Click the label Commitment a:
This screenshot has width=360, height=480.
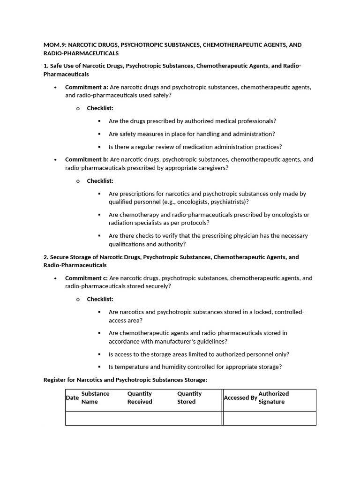pyautogui.click(x=86, y=87)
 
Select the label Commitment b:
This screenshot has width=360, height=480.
pyautogui.click(x=87, y=159)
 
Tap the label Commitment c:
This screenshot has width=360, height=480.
pyautogui.click(x=86, y=278)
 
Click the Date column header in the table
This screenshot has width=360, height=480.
pyautogui.click(x=72, y=398)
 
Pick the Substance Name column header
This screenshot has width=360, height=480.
pyautogui.click(x=95, y=397)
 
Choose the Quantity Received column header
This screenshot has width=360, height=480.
pyautogui.click(x=140, y=397)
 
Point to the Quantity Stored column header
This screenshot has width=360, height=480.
pyautogui.click(x=189, y=397)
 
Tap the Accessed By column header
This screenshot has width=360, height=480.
pyautogui.click(x=240, y=398)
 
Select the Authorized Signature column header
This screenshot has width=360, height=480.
pyautogui.click(x=273, y=397)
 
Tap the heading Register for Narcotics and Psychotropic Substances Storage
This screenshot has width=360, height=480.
pyautogui.click(x=125, y=380)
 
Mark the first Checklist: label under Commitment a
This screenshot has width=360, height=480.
pyautogui.click(x=100, y=108)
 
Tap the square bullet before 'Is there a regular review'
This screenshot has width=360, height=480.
pyautogui.click(x=99, y=147)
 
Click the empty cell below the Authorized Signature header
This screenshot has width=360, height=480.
pyautogui.click(x=270, y=418)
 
